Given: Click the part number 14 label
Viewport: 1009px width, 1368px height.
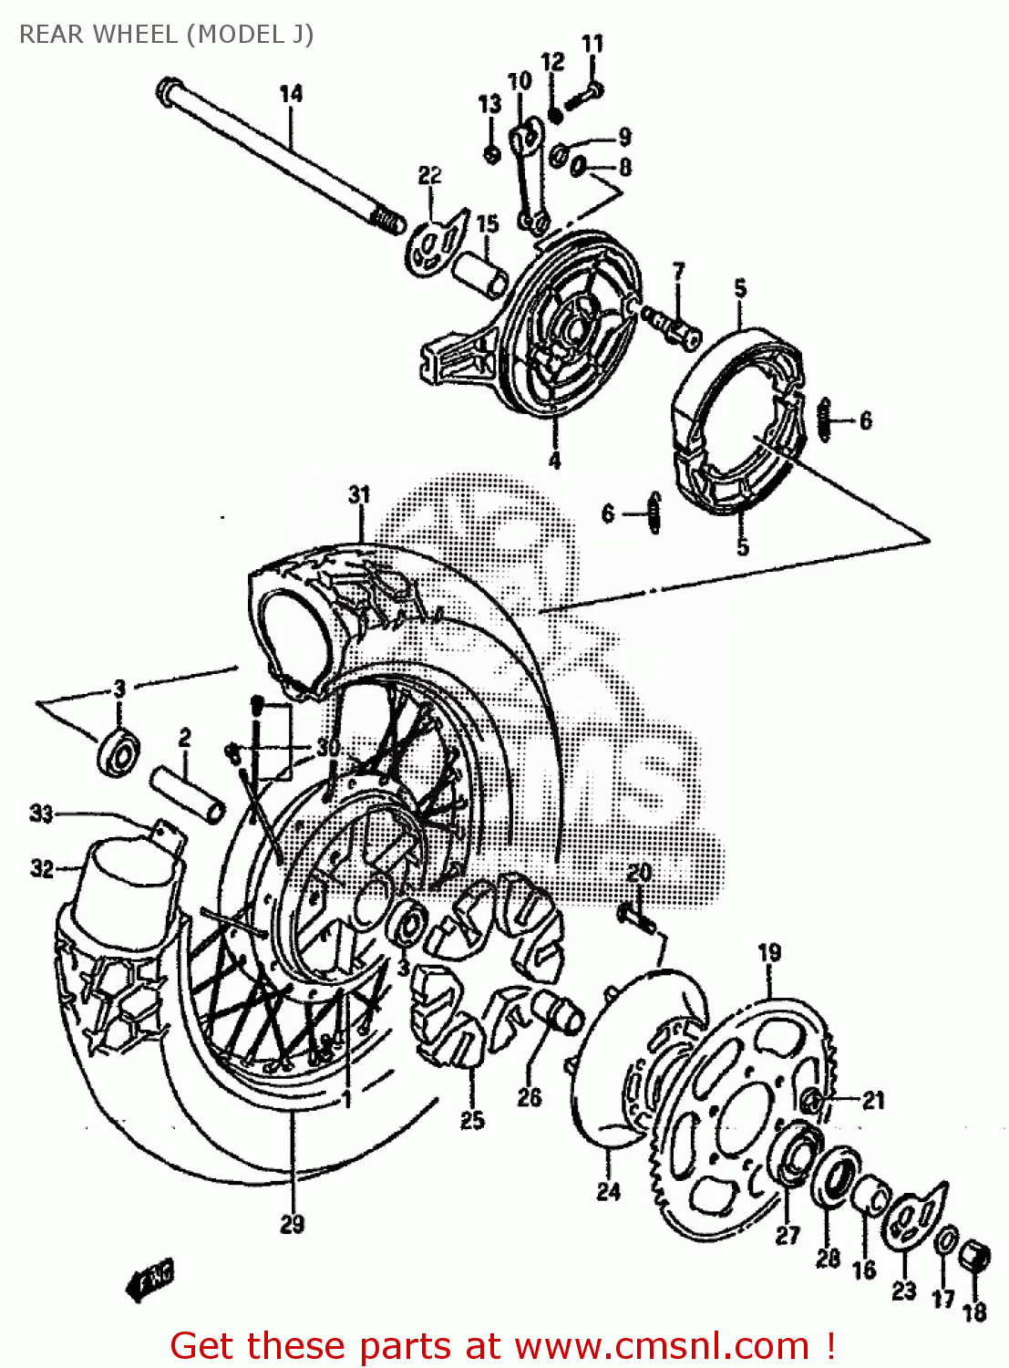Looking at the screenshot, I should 291,93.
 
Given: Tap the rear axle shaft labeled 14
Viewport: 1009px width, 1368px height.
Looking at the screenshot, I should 273,155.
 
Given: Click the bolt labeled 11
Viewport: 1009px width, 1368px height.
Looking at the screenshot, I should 583,96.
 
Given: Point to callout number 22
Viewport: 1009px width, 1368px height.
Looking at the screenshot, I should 429,175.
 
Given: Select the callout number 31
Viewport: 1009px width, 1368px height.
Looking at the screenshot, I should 359,494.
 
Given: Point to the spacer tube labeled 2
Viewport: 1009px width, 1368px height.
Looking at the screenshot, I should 188,795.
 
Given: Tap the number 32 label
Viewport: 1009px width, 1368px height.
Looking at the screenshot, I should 42,868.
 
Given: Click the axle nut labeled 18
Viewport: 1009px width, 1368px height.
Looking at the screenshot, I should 976,1258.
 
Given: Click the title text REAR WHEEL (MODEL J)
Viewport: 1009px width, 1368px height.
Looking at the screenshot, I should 167,35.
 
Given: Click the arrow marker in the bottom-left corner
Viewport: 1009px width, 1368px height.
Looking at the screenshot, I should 149,1281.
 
